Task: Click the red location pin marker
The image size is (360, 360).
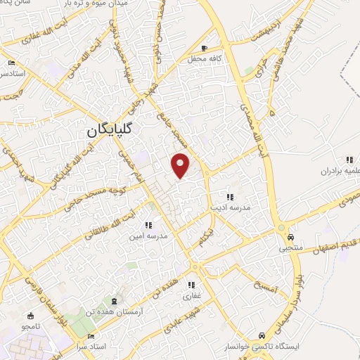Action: pyautogui.click(x=181, y=165)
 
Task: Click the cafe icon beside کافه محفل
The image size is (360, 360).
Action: pyautogui.click(x=204, y=49)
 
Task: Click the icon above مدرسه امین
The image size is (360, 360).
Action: pyautogui.click(x=148, y=225)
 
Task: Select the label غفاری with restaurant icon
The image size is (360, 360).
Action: pyautogui.click(x=192, y=297)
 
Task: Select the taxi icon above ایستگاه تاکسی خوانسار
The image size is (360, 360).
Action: pyautogui.click(x=262, y=335)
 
